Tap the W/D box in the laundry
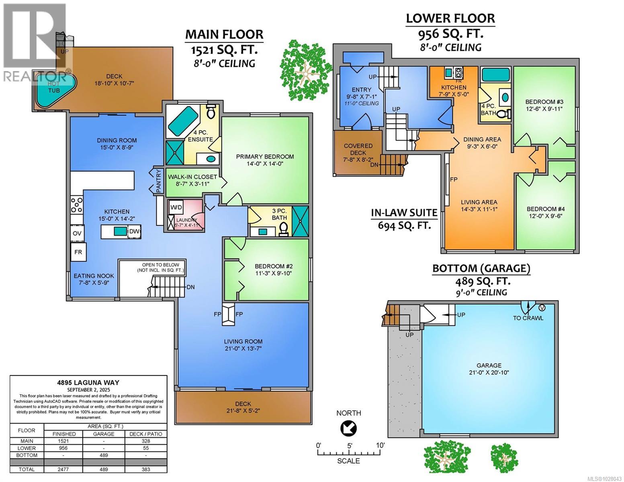pyautogui.click(x=176, y=207)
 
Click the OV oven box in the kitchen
pyautogui.click(x=77, y=233)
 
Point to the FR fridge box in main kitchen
pyautogui.click(x=78, y=252)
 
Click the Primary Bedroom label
pyautogui.click(x=265, y=157)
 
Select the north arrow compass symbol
pyautogui.click(x=348, y=429)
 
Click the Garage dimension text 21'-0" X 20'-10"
pyautogui.click(x=489, y=372)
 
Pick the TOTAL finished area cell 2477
pyautogui.click(x=64, y=469)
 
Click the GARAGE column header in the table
pyautogui.click(x=104, y=434)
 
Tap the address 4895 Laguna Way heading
pyautogui.click(x=88, y=383)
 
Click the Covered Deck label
pyautogui.click(x=358, y=149)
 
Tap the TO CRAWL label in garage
pyautogui.click(x=528, y=318)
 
